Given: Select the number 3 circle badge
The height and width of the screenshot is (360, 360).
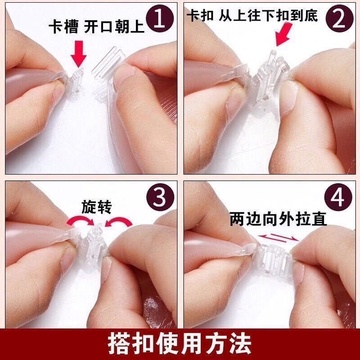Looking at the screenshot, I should tap(159, 197).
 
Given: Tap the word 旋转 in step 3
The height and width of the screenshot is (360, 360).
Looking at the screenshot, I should tap(96, 207).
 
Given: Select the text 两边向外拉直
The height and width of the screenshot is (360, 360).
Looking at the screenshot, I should tap(278, 219).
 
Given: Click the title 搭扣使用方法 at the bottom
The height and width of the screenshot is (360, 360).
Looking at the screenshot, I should tap(180, 343).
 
